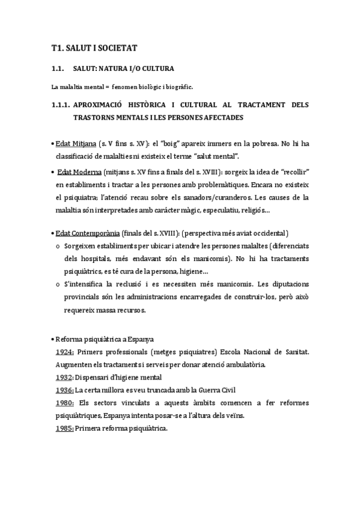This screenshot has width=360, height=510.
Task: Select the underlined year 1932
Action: coord(64,377)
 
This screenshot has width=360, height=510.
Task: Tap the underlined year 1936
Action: coord(64,390)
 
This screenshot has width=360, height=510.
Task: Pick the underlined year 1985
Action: coord(64,428)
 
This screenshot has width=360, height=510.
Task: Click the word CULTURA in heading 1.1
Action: coord(157,69)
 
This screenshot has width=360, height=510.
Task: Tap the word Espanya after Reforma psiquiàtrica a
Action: coord(138,339)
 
